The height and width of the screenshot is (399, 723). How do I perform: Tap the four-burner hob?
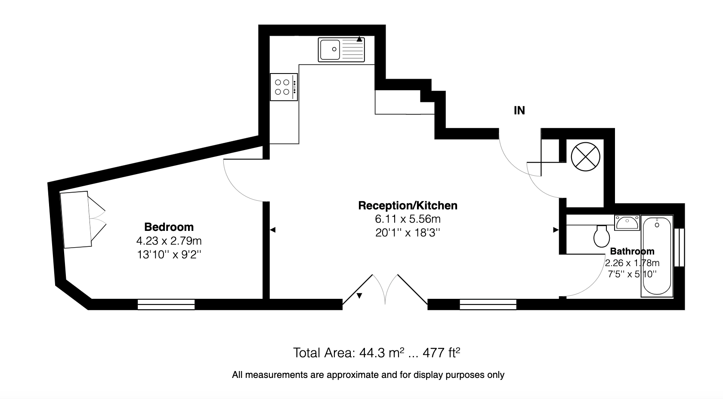(x=284, y=87)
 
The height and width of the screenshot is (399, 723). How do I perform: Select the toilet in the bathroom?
(x=602, y=236)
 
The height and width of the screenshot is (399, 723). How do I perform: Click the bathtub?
(x=657, y=256)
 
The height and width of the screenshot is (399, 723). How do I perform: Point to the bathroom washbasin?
(x=627, y=223)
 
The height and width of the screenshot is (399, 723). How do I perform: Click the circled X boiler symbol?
(x=585, y=157)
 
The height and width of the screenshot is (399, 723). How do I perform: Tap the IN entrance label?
(x=519, y=110)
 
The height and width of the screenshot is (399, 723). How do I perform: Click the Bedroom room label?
(x=169, y=227)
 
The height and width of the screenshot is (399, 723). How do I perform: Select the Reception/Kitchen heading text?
(x=408, y=206)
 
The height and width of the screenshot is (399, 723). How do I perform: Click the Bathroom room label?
(x=632, y=251)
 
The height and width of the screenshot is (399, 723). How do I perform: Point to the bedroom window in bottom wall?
(x=166, y=304)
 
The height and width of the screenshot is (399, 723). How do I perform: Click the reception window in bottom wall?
(x=488, y=304)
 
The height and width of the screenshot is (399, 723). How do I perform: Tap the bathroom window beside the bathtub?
(x=680, y=247)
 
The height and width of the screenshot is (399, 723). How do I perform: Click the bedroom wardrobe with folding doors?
(x=83, y=220)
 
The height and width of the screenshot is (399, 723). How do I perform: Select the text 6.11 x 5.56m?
(x=408, y=219)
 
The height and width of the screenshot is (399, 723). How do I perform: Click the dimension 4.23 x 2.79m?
(x=169, y=241)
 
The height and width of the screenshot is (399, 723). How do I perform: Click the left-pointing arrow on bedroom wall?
(x=273, y=230)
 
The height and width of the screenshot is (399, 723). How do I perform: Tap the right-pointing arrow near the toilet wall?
(x=556, y=230)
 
